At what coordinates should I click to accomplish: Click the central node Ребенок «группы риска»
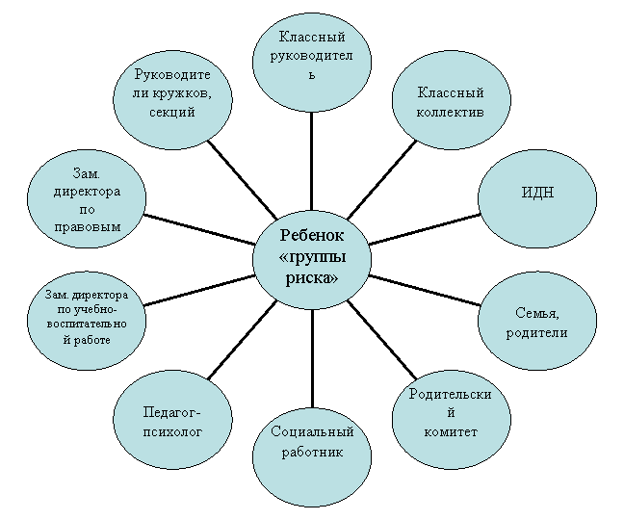312,260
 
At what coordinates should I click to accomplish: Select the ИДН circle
537,198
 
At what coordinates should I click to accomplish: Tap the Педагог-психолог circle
172,419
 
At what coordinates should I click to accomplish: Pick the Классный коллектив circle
452,100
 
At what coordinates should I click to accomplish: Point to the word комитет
451,432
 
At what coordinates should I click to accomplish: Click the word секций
172,113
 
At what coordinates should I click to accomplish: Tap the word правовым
88,227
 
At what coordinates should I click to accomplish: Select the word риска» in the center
312,278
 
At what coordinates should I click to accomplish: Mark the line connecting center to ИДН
425,229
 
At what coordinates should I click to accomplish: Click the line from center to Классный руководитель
312,162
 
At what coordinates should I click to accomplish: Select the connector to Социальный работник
312,358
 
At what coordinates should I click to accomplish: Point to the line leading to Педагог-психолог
243,340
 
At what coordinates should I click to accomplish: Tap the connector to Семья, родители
425,291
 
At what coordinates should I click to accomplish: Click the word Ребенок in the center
312,235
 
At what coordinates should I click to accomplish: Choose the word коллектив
450,112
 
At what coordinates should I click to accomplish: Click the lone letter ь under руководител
312,75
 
